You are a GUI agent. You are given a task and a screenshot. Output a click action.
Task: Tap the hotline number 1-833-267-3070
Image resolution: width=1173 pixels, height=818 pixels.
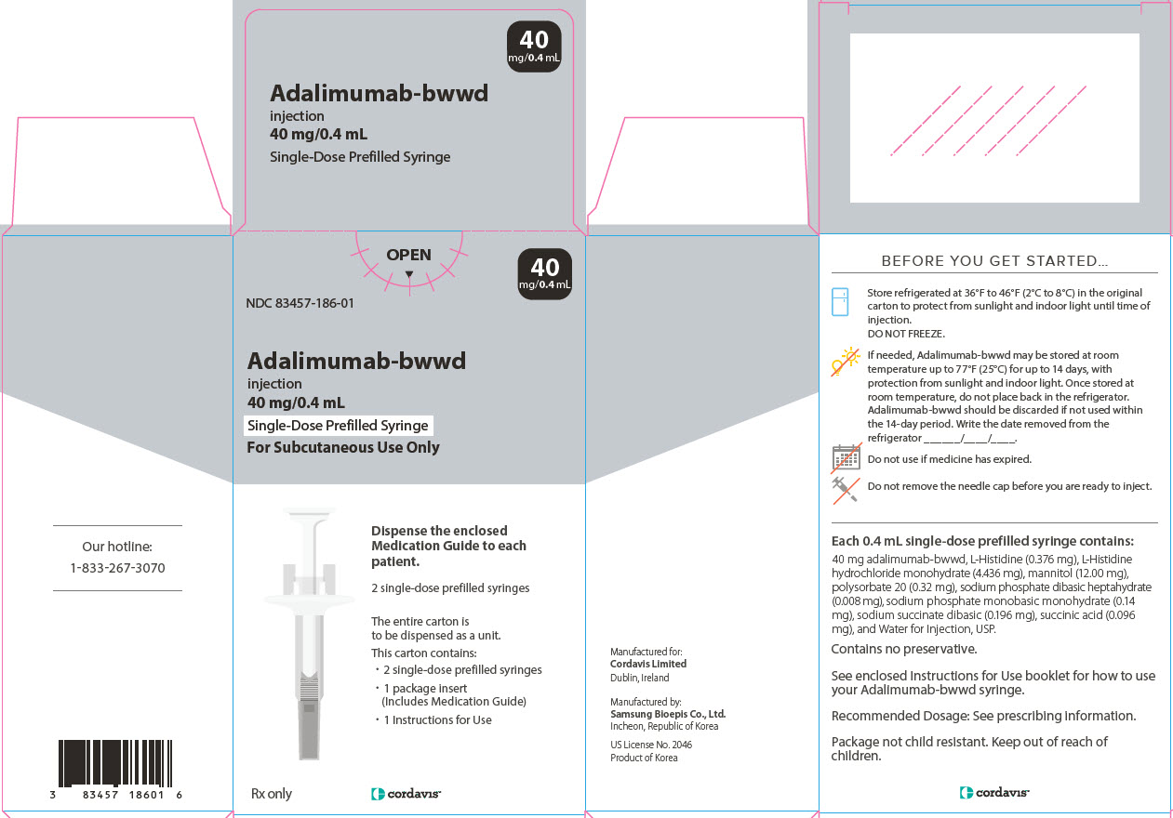(117, 568)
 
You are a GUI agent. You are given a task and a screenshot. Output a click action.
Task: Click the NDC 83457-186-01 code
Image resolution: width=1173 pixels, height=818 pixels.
(300, 303)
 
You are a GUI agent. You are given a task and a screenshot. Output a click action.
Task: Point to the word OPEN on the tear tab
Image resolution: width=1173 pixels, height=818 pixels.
(409, 255)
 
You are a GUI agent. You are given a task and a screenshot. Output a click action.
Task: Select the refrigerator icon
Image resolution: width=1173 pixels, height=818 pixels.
(840, 302)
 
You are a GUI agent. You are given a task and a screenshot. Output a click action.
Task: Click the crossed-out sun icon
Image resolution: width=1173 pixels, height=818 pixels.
(845, 362)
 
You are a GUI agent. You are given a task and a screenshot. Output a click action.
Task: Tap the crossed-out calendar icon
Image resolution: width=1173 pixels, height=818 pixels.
(846, 456)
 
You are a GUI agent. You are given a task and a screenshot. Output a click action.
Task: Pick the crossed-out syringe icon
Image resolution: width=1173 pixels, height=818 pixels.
(845, 488)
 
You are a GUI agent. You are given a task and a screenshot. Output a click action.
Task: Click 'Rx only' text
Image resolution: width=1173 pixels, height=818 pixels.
(272, 793)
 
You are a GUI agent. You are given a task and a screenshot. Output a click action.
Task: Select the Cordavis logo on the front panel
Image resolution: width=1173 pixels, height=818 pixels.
(406, 794)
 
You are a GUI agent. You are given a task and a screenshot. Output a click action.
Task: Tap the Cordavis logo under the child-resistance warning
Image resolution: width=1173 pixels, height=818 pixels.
(994, 793)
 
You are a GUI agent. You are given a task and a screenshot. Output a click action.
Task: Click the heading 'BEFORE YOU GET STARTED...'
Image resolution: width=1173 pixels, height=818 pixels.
(994, 261)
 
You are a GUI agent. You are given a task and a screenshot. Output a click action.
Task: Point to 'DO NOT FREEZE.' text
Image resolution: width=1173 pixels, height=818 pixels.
(906, 333)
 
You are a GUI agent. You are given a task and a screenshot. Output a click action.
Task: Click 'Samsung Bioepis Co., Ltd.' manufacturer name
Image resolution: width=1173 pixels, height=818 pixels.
(668, 714)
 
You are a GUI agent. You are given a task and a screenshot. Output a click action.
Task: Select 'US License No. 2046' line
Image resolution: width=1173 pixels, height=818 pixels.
(651, 745)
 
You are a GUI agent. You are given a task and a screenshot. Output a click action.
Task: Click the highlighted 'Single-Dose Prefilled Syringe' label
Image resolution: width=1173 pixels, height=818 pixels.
(338, 426)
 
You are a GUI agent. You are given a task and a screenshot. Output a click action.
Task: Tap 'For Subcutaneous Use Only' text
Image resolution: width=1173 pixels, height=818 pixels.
(342, 447)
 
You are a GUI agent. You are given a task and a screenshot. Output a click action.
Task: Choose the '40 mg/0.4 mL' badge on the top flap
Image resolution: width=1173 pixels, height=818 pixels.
(534, 46)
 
